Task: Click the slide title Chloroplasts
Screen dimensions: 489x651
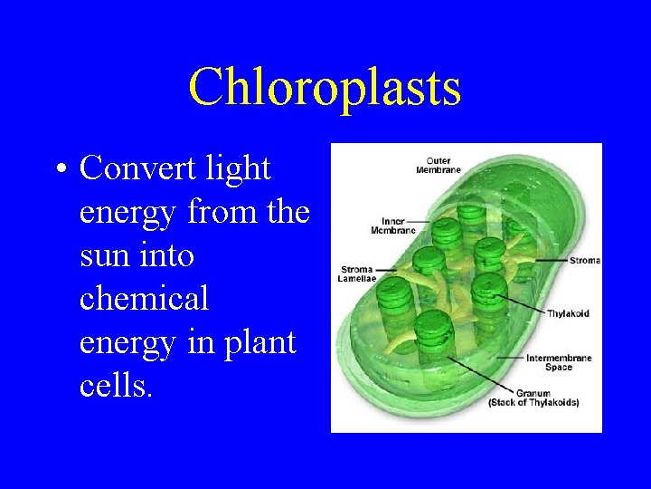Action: point(325,88)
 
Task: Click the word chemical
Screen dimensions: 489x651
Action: point(144,299)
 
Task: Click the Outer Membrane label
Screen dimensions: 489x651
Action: point(439,166)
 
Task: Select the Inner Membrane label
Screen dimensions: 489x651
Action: point(393,225)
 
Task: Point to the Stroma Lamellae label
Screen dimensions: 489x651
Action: point(357,274)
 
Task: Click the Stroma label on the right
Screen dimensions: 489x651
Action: point(584,261)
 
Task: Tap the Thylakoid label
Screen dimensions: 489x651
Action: point(568,313)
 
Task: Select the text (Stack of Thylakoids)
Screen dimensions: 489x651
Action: point(533,402)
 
